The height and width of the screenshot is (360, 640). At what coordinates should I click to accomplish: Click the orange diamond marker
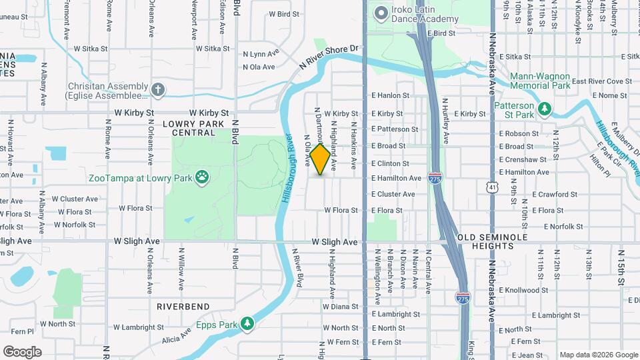point(321,159)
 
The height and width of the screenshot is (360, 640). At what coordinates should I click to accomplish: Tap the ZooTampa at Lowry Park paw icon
point(201,177)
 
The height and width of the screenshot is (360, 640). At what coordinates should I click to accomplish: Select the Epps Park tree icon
point(247,323)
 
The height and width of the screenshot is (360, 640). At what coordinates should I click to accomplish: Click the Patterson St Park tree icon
point(545,108)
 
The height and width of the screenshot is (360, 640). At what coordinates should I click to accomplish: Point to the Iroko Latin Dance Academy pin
point(381,13)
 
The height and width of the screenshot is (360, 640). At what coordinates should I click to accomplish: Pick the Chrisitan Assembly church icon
point(158,89)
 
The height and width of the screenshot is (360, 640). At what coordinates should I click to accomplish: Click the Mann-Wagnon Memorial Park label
point(540,81)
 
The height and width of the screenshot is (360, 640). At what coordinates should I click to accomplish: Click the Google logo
point(22,351)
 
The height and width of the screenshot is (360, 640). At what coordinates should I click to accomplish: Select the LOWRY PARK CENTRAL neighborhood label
point(193,128)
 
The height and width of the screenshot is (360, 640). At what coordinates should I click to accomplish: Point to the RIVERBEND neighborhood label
point(183,307)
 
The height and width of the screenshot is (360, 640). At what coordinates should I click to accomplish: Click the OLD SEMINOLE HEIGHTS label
point(492,242)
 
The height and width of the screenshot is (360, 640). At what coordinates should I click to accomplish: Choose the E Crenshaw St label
point(523,159)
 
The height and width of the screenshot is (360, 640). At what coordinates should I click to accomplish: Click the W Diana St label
point(340,307)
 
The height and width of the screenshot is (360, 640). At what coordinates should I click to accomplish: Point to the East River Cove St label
point(601,81)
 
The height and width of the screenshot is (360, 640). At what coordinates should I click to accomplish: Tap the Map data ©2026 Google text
point(599,355)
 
